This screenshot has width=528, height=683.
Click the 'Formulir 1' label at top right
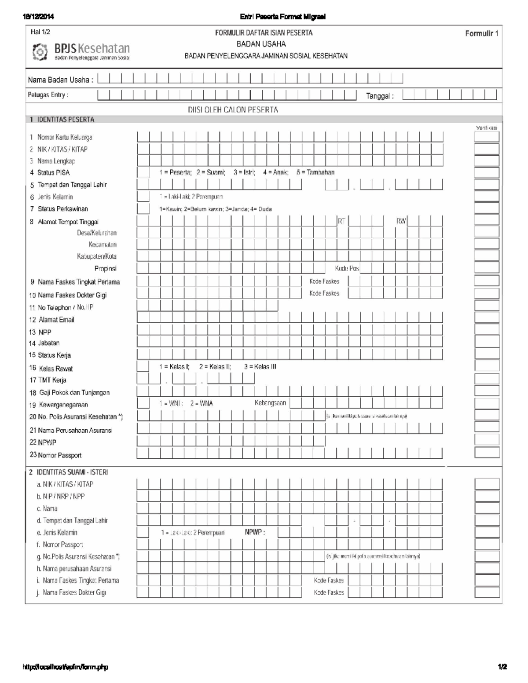(481, 34)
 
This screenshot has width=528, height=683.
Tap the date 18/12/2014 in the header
(38, 17)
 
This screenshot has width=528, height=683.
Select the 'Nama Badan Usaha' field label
(60, 80)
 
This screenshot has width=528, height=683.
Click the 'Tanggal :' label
(380, 96)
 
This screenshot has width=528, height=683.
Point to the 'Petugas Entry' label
(48, 95)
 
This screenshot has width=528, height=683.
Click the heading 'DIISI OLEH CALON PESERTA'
(233, 110)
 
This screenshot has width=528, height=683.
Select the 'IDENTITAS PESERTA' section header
(65, 120)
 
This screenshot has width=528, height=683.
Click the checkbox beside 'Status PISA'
(143, 172)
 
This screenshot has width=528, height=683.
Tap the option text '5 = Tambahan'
(315, 172)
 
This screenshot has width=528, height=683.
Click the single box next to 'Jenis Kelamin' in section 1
(143, 197)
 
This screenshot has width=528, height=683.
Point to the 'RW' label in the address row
(401, 221)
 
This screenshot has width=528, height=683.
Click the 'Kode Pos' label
(347, 268)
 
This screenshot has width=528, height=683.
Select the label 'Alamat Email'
(56, 320)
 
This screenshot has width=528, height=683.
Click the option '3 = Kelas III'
(260, 367)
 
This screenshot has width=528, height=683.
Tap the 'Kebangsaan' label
(270, 403)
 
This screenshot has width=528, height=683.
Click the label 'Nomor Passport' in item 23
(59, 455)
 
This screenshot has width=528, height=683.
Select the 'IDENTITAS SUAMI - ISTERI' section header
(72, 472)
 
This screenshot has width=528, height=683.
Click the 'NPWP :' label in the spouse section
(255, 532)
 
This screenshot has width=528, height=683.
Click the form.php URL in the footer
(65, 667)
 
